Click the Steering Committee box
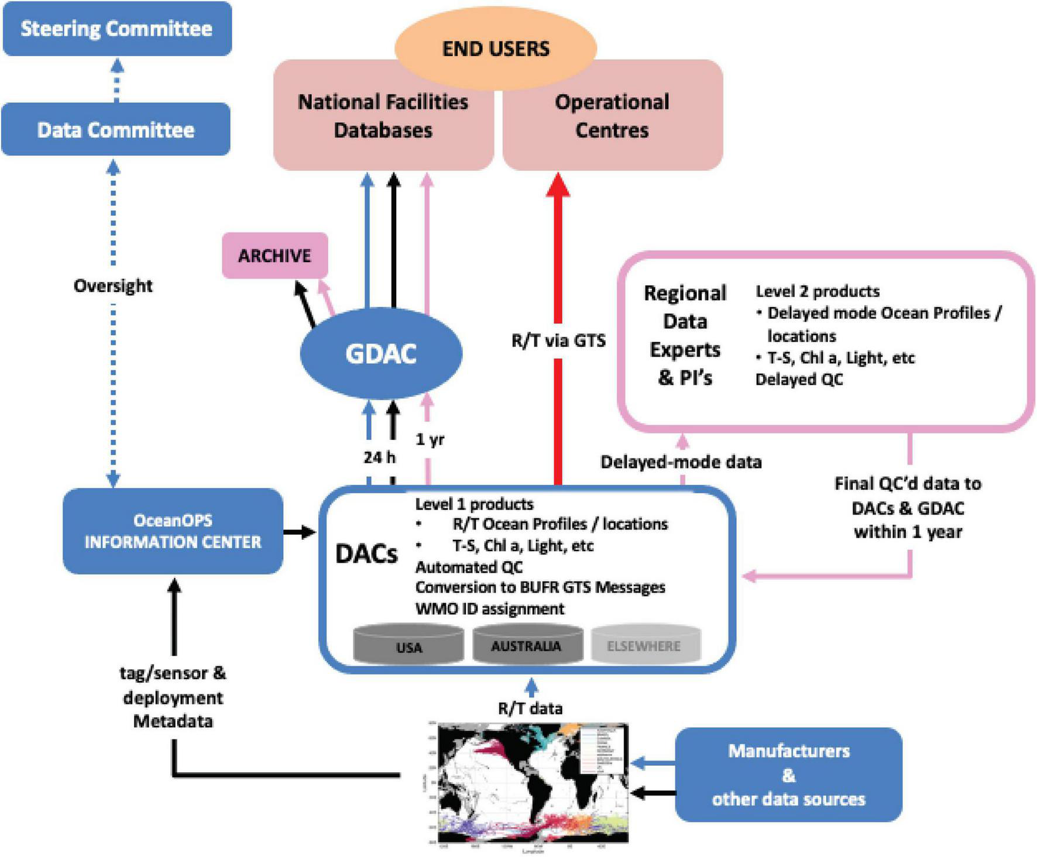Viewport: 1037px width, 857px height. point(117,29)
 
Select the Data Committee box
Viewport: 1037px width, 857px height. point(116,129)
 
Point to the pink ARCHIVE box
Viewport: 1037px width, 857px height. point(274,256)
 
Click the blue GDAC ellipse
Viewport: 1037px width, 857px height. point(381,353)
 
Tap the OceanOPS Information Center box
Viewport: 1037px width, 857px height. point(173,531)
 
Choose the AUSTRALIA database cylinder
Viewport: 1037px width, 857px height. point(527,645)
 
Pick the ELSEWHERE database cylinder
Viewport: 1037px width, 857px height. point(644,645)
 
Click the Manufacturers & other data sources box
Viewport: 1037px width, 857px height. point(788,775)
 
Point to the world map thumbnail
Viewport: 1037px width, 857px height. point(533,784)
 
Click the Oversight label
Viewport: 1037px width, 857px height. point(113,285)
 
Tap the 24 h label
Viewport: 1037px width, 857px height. point(379,457)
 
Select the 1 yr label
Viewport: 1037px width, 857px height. point(430,439)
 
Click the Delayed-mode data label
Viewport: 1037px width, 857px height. point(681,462)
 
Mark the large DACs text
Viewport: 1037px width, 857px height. point(366,553)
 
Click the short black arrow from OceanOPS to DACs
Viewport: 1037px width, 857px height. point(300,532)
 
